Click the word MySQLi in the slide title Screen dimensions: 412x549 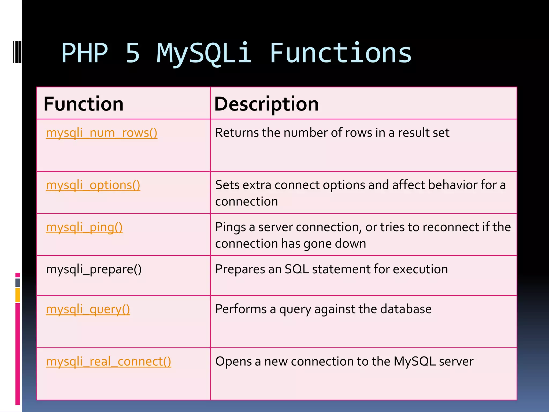(x=204, y=54)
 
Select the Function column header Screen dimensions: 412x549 (x=83, y=104)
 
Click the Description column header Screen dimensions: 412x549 (x=266, y=104)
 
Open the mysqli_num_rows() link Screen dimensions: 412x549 (x=101, y=133)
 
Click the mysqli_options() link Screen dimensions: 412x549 (x=93, y=185)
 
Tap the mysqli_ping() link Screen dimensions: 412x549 (x=84, y=227)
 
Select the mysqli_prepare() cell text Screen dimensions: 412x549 (x=94, y=269)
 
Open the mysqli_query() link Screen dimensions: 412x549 (x=88, y=309)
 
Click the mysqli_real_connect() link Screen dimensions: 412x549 (x=108, y=362)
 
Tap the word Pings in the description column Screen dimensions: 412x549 (x=230, y=227)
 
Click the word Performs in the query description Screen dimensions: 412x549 (x=240, y=309)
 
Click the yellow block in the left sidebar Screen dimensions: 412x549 (x=18, y=295)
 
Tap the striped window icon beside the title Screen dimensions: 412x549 (x=17, y=51)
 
